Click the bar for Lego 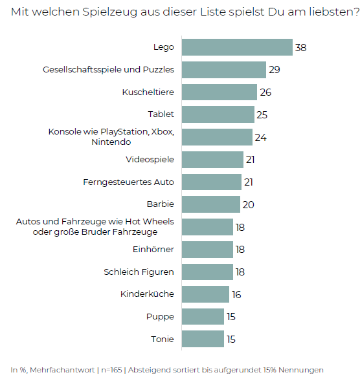tap(237, 47)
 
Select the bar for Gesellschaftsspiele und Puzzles tap(223, 70)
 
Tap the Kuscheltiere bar tap(219, 92)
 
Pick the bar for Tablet tap(218, 114)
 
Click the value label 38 tap(300, 48)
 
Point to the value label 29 tap(274, 70)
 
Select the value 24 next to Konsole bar tap(260, 137)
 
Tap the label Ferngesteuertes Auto tap(129, 182)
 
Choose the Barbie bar tap(210, 204)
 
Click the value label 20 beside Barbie tap(247, 205)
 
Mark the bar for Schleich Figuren tap(207, 272)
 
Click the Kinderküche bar tap(205, 294)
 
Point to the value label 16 tap(236, 295)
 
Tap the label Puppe tap(161, 316)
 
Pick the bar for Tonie tap(203, 339)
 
